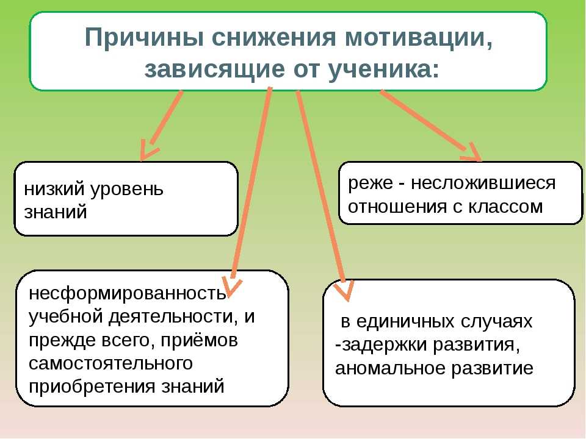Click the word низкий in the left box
tap(54, 189)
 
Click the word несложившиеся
tap(483, 183)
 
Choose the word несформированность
tap(128, 293)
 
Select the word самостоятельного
tap(110, 363)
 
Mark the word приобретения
tap(92, 387)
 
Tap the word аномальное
tap(390, 368)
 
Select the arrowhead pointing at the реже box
tap(472, 153)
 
